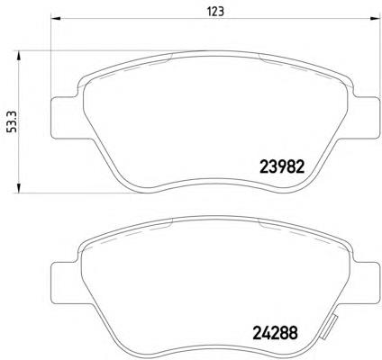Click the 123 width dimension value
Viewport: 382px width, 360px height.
tap(215, 12)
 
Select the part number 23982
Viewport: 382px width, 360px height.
tap(282, 166)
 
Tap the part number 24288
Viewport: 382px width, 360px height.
tap(276, 332)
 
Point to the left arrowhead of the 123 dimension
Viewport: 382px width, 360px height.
tap(56, 19)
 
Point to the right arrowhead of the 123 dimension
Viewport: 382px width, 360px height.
tap(374, 19)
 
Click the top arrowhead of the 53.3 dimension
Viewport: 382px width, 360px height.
tap(19, 56)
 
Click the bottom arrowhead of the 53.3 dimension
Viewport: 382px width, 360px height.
tap(19, 187)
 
